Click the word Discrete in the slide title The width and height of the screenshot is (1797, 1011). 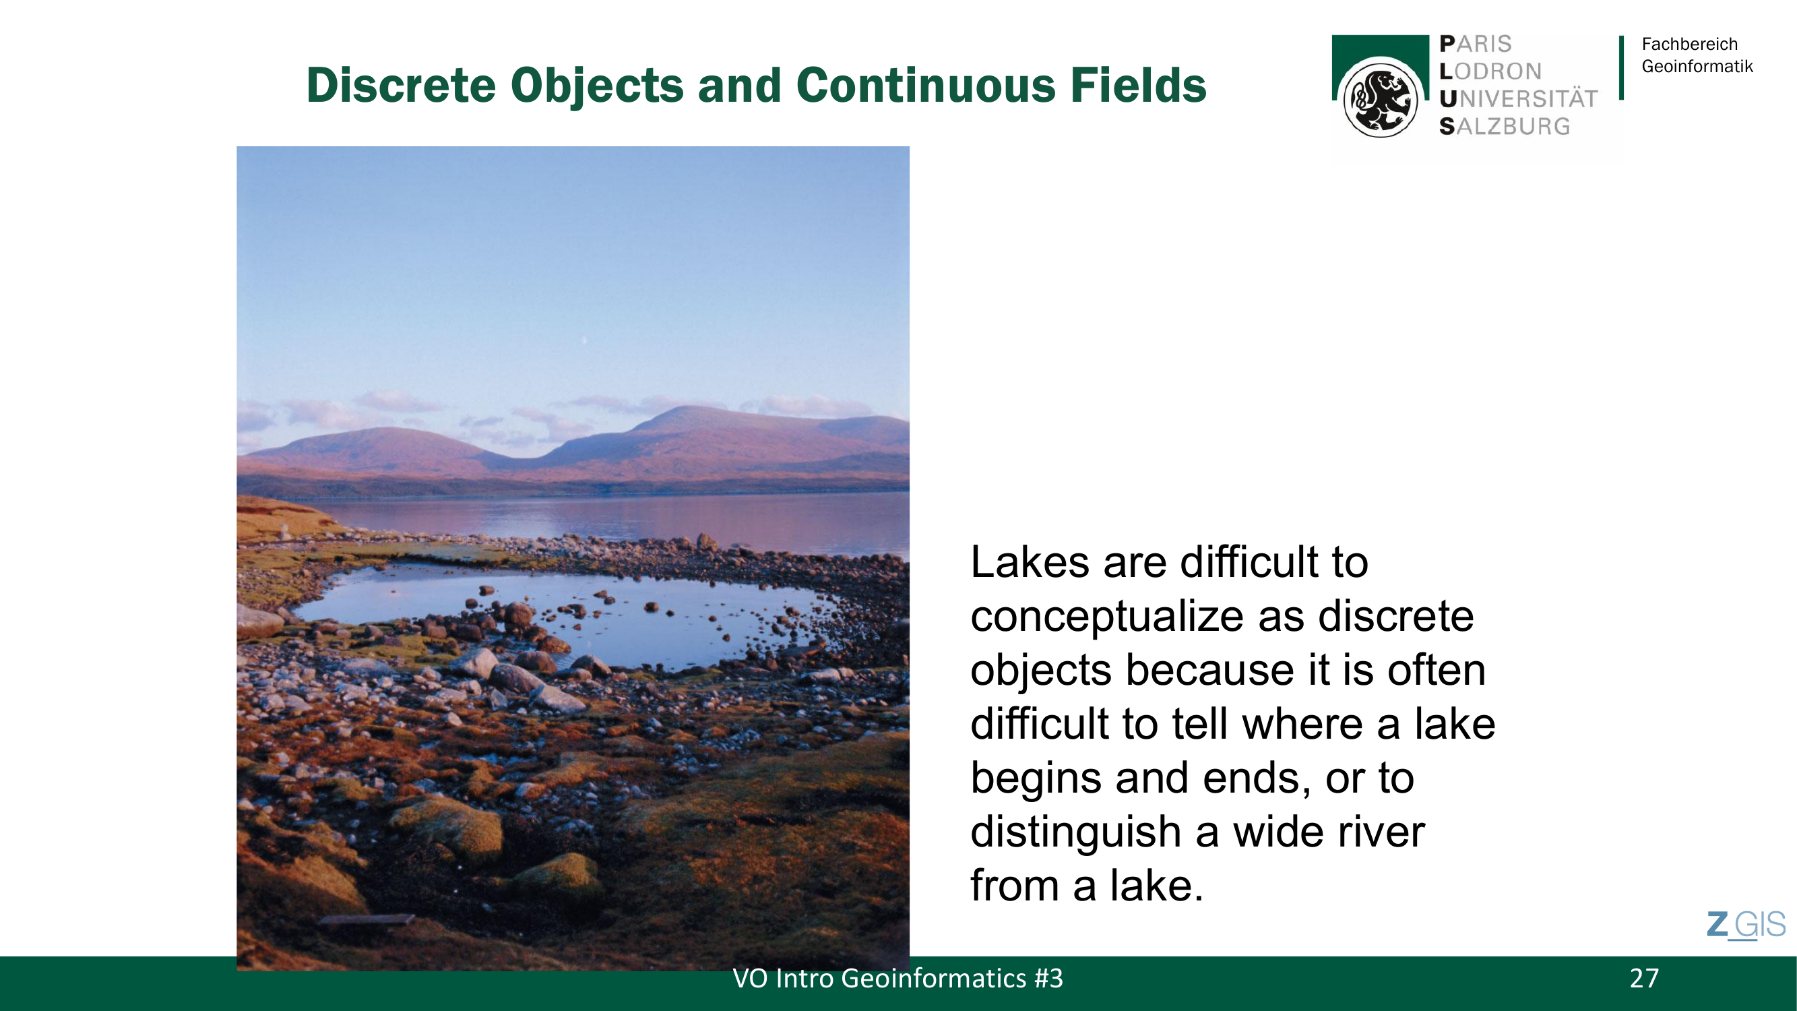click(x=401, y=85)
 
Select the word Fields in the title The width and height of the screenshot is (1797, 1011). click(x=1139, y=85)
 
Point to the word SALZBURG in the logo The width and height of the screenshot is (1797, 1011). click(x=1505, y=126)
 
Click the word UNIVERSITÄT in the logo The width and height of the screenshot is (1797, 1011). click(x=1519, y=98)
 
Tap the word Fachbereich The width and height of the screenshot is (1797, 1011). click(x=1690, y=44)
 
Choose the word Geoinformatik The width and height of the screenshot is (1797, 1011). click(x=1697, y=66)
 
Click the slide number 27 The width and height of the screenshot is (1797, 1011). click(x=1644, y=978)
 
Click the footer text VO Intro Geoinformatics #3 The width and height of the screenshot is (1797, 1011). click(x=897, y=978)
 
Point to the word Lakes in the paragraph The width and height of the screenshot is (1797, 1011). click(x=1030, y=561)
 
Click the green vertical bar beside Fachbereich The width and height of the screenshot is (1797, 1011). click(x=1621, y=67)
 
